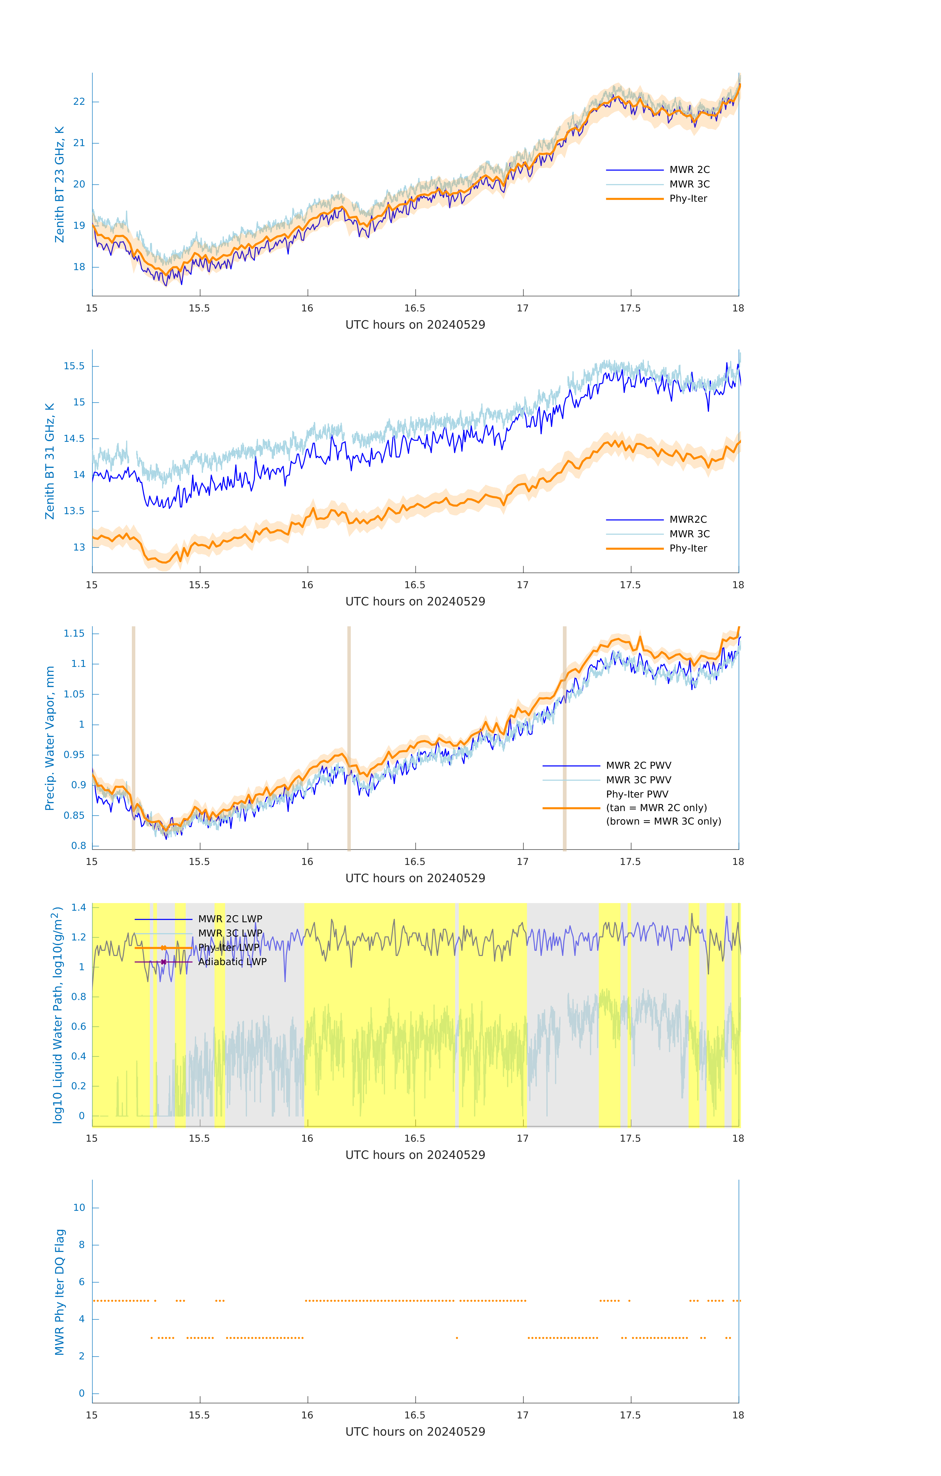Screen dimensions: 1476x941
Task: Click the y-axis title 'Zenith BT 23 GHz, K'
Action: pyautogui.click(x=60, y=184)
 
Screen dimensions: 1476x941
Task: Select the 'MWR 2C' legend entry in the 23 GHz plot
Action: pyautogui.click(x=689, y=170)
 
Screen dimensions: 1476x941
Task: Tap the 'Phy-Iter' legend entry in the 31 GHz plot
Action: pyautogui.click(x=688, y=549)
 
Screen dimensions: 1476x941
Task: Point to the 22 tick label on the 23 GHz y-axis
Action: pyautogui.click(x=79, y=102)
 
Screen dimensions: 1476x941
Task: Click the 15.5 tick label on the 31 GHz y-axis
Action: pyautogui.click(x=74, y=367)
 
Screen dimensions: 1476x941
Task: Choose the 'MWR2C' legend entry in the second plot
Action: pyautogui.click(x=688, y=520)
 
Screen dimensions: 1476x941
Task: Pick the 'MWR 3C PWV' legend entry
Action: pyautogui.click(x=638, y=780)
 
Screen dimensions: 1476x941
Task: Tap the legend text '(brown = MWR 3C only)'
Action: pyautogui.click(x=663, y=821)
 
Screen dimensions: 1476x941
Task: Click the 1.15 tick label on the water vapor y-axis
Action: pyautogui.click(x=74, y=634)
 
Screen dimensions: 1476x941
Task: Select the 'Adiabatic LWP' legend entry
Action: pyautogui.click(x=232, y=962)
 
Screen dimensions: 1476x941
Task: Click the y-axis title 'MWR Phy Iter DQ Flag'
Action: pyautogui.click(x=60, y=1293)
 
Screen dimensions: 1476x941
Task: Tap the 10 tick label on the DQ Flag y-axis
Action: pyautogui.click(x=79, y=1208)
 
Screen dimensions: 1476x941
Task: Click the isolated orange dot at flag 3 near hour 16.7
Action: pyautogui.click(x=457, y=1338)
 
